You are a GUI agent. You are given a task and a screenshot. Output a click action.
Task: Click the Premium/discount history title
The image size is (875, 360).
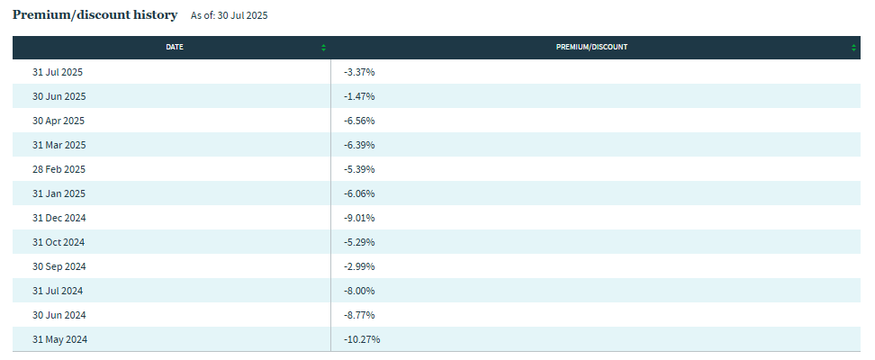click(95, 15)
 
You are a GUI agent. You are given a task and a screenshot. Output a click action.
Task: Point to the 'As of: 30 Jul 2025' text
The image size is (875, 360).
click(230, 16)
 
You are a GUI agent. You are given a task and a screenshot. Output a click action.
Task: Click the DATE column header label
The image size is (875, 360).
click(175, 48)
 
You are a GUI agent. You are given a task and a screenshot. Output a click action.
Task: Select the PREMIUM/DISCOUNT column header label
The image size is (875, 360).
click(591, 48)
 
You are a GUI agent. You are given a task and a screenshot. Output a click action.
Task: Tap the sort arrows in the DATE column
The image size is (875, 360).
click(323, 48)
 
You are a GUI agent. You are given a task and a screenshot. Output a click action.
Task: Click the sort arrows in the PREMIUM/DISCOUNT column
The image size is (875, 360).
click(853, 48)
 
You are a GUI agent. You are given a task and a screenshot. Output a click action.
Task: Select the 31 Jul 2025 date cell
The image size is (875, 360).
click(58, 72)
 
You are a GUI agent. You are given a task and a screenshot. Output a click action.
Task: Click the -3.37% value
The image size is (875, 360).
click(359, 72)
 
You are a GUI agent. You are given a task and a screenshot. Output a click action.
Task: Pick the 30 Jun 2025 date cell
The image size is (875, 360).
click(59, 96)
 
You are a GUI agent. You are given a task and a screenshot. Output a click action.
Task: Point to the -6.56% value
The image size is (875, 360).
click(359, 121)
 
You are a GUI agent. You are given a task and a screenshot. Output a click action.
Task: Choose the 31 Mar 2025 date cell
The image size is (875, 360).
click(59, 145)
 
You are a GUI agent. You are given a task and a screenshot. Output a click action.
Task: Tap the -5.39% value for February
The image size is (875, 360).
click(359, 169)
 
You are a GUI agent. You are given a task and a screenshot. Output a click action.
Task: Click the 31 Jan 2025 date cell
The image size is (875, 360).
click(58, 193)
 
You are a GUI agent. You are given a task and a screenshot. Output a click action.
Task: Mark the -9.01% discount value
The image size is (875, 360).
click(359, 218)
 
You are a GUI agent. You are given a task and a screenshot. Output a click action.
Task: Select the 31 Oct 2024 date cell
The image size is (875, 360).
click(59, 242)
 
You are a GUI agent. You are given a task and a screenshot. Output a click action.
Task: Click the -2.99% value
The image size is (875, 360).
click(359, 266)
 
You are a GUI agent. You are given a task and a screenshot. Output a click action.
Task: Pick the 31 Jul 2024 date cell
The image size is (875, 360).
click(58, 291)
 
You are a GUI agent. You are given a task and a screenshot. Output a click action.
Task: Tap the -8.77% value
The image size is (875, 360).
click(359, 315)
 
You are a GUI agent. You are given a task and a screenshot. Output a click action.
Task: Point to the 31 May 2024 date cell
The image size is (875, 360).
click(59, 339)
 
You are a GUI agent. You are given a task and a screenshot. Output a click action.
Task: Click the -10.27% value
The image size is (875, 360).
click(362, 339)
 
